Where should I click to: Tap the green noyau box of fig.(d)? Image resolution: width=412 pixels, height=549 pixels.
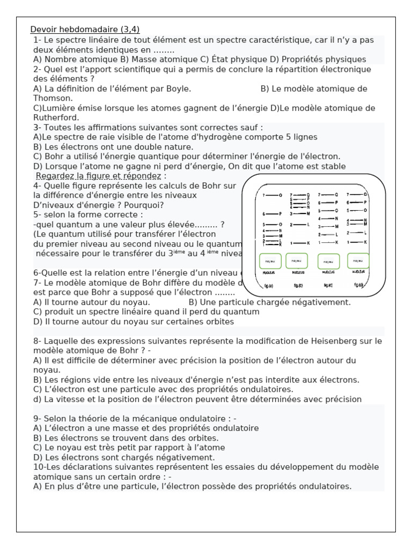coord(358,261)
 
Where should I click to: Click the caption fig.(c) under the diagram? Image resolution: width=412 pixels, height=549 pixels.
coord(328,285)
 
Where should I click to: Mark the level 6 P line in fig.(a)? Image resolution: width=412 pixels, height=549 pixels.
coord(272,213)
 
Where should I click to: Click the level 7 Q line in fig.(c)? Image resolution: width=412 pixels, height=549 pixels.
coord(328,195)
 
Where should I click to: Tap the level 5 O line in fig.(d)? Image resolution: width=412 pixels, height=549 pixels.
coord(357,210)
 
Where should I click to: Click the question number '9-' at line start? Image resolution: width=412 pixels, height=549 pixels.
coord(37,418)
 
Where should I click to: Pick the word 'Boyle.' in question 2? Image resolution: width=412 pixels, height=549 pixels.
coord(178,89)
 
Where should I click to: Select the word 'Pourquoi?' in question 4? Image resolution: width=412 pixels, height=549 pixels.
coord(144,205)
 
